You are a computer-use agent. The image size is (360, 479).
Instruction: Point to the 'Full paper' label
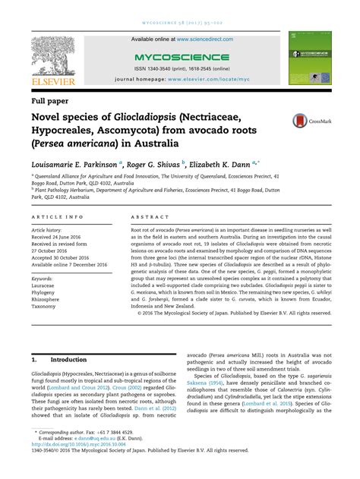[49, 99]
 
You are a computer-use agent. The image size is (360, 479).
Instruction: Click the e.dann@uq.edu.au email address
[88, 459]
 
